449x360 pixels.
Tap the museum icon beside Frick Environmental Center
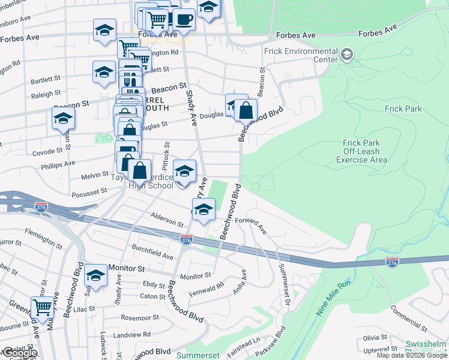tap(346, 56)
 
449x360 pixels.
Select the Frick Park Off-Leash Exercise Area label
tap(361, 151)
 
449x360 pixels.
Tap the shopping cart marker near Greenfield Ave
tap(42, 307)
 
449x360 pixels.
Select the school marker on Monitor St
tap(95, 276)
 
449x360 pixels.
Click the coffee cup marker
tap(184, 19)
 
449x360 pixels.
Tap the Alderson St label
tap(167, 220)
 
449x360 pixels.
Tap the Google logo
tap(19, 352)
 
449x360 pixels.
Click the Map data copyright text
tap(412, 355)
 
